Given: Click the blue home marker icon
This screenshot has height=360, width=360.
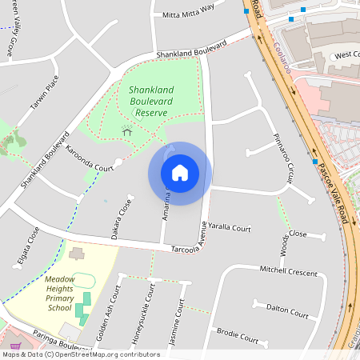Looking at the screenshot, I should click(x=180, y=173).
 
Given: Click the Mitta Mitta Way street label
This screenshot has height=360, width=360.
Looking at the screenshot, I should click(x=189, y=10).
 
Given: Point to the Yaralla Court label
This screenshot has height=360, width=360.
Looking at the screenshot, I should click(x=230, y=228).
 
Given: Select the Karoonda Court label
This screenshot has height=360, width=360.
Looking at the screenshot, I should click(x=90, y=158).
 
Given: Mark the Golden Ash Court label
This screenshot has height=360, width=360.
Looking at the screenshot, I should click(x=108, y=313).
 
